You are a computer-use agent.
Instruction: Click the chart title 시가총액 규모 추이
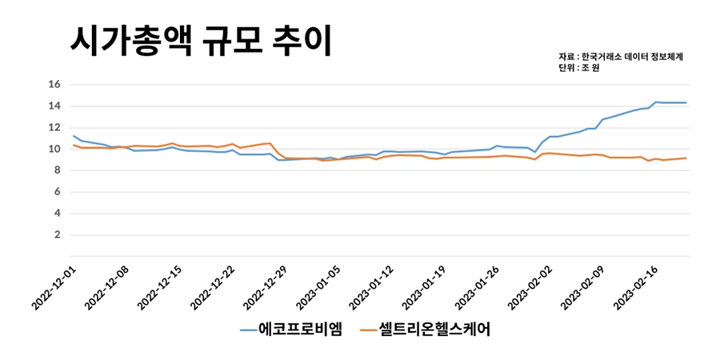(200, 40)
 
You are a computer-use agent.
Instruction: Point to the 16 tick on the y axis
(55, 84)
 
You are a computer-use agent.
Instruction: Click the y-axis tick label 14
(55, 106)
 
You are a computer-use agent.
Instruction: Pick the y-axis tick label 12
(55, 127)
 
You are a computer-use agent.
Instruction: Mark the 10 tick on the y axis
(55, 149)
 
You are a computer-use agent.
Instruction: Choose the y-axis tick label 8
(57, 170)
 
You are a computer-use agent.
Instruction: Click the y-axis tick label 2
(57, 235)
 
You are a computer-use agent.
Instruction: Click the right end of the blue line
(686, 102)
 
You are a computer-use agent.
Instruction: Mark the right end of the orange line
(686, 158)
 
